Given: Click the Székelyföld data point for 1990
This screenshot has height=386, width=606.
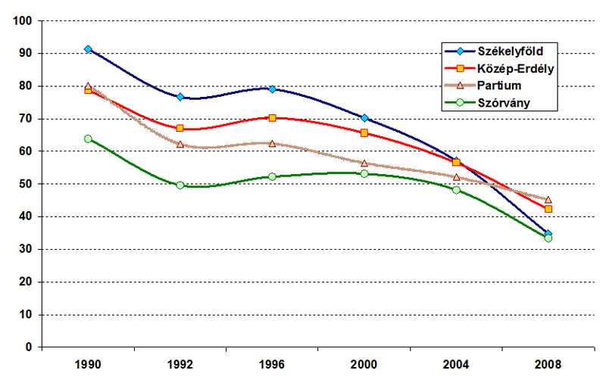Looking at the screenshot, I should [88, 49].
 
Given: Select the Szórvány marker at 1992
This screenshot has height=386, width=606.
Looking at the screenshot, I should [180, 185].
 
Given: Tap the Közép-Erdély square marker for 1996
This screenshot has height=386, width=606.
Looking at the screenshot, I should [272, 118].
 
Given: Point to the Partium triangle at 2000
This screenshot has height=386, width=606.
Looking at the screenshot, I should [364, 163].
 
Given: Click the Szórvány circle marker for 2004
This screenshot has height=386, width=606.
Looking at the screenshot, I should [456, 190].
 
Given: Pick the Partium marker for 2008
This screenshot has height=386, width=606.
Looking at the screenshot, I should [548, 200].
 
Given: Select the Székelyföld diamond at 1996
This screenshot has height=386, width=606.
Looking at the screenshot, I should [272, 89].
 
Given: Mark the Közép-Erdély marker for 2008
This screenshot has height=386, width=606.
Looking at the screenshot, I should [548, 209].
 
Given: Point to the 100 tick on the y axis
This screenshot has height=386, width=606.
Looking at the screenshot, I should [26, 21].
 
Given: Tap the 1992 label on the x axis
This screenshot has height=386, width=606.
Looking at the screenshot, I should [180, 365].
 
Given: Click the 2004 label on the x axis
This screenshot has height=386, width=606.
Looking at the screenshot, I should [456, 365].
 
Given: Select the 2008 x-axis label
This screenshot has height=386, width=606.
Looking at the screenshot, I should [548, 365].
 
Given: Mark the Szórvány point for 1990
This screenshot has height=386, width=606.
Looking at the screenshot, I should [88, 139].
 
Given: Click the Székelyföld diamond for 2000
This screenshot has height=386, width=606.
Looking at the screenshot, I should [364, 118].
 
